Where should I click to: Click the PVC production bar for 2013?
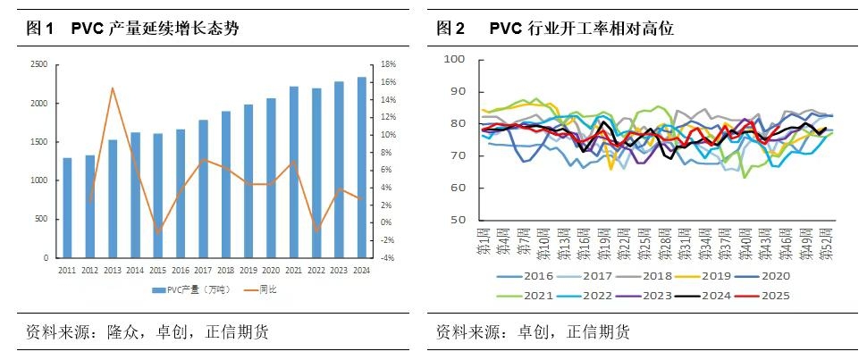tap(113, 198)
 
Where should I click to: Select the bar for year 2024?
tap(361, 167)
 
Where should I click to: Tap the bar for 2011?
tap(67, 207)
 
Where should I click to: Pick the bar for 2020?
tap(271, 178)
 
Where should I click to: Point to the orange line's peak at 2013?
tap(113, 88)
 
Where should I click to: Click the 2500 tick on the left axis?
tap(39, 65)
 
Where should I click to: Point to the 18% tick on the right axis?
tap(388, 65)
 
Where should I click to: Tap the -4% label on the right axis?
tap(387, 258)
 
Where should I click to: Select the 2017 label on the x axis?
tap(203, 270)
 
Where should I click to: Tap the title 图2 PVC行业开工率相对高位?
tap(554, 29)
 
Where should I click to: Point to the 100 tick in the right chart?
tap(454, 59)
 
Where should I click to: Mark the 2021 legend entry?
tap(530, 295)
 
